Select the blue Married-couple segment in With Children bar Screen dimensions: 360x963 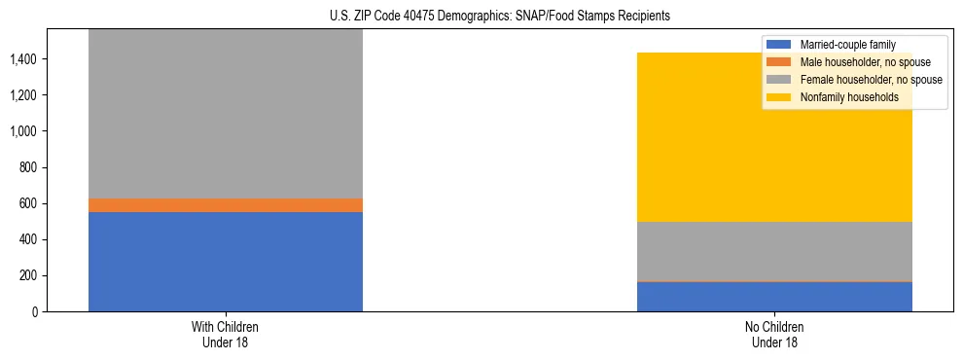pyautogui.click(x=226, y=261)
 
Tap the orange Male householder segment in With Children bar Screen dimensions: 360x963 pyautogui.click(x=226, y=205)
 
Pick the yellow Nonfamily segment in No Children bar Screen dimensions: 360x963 pyautogui.click(x=774, y=137)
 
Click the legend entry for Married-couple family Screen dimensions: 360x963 pyautogui.click(x=845, y=45)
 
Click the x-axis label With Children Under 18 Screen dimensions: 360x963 pyautogui.click(x=226, y=335)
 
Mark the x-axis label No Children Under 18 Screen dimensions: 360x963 pyautogui.click(x=774, y=335)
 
